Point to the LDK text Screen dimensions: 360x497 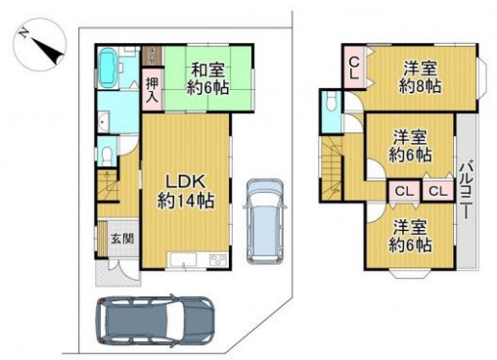pyautogui.click(x=184, y=183)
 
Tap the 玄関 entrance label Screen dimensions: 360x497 pyautogui.click(x=120, y=239)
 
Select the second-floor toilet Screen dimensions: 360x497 pyautogui.click(x=330, y=103)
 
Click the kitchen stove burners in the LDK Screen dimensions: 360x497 pyautogui.click(x=217, y=259)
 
